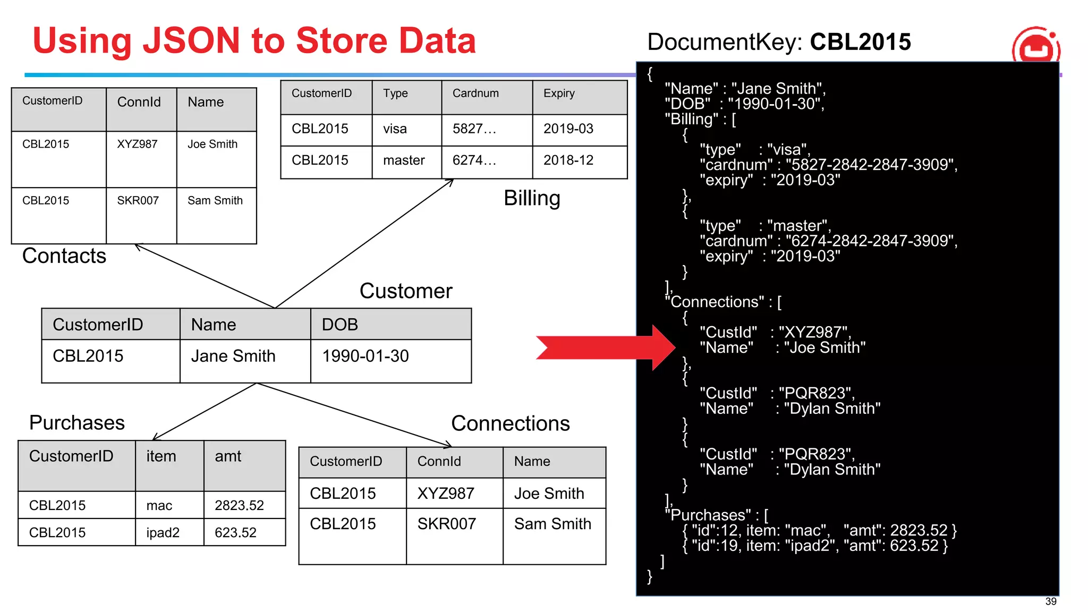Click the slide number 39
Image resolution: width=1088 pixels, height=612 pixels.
1050,601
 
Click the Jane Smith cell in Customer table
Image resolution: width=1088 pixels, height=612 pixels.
233,356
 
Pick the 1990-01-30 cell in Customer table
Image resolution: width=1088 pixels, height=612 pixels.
365,356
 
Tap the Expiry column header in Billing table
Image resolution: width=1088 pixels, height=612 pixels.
559,93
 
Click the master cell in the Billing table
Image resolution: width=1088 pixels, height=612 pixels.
404,160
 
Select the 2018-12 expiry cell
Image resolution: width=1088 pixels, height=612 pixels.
568,160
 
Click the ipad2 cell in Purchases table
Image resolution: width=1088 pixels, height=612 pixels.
163,532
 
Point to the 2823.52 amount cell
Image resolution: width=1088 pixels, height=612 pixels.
239,505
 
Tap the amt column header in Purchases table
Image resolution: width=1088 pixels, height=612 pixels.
228,456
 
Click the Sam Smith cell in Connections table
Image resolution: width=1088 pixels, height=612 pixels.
552,524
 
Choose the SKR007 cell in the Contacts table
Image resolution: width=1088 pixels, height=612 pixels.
138,201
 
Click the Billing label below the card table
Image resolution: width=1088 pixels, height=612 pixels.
532,198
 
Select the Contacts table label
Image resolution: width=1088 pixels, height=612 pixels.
64,256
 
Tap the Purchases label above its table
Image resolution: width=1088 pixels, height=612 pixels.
77,423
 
